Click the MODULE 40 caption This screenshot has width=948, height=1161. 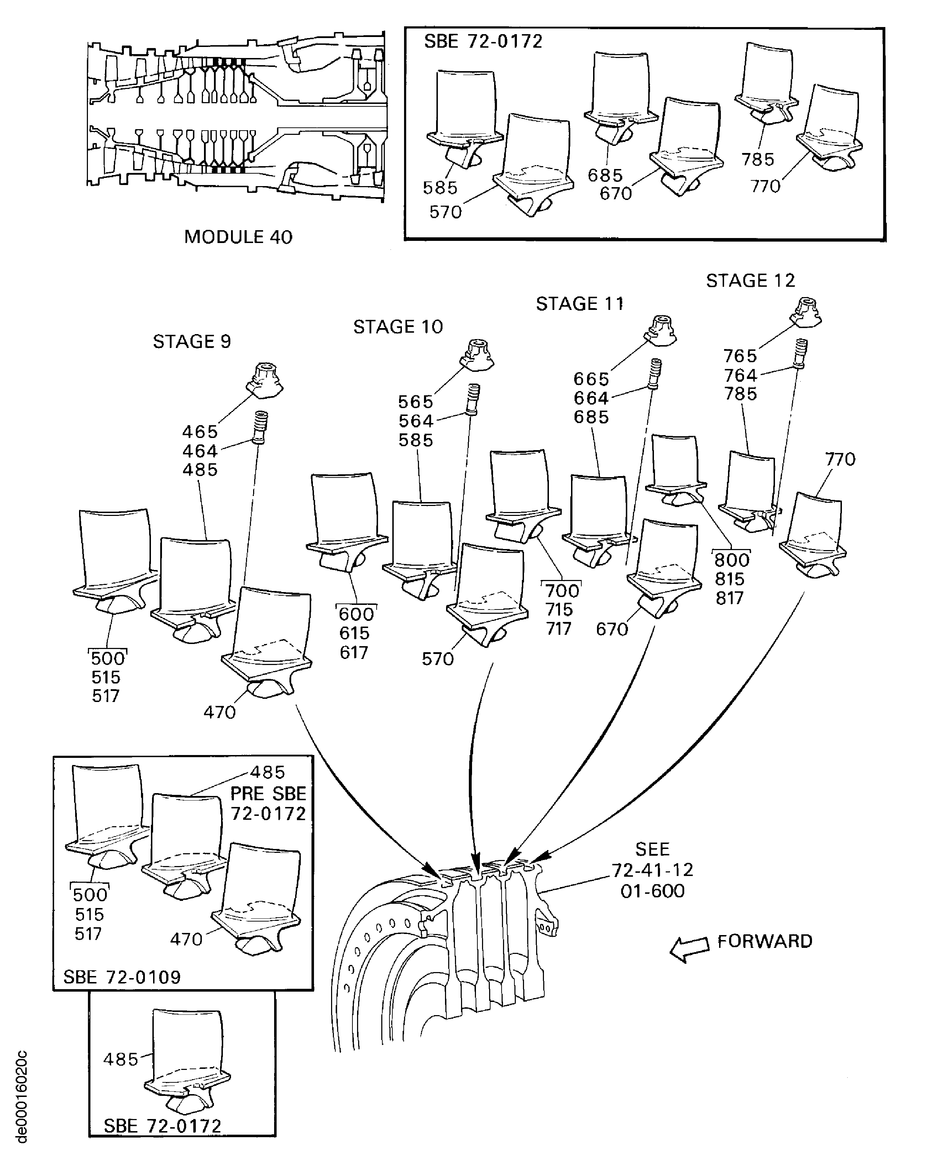click(238, 237)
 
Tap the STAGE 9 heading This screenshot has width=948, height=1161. click(192, 342)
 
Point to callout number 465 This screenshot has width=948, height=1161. click(200, 432)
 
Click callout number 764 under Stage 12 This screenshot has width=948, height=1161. click(740, 375)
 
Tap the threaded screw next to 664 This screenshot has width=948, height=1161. click(655, 373)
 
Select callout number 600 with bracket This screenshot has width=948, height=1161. click(356, 614)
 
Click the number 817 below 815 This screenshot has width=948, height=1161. click(729, 598)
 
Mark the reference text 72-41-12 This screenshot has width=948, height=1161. click(652, 870)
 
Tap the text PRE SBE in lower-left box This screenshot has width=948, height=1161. click(268, 794)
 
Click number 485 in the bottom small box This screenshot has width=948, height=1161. click(121, 1060)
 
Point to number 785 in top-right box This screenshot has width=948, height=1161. click(758, 159)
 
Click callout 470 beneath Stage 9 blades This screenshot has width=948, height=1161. click(220, 712)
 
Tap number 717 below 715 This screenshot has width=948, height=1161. click(558, 629)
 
